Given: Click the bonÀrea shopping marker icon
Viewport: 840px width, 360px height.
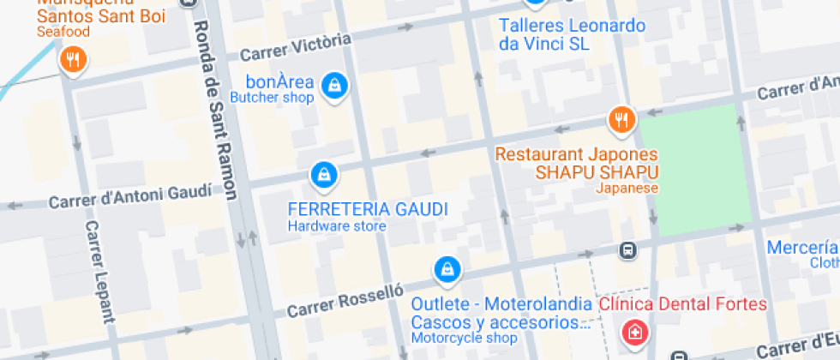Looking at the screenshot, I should (x=334, y=85).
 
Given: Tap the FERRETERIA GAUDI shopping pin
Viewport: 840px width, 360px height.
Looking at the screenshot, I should (x=323, y=174).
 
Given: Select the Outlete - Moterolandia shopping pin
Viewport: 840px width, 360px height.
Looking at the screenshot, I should (x=446, y=270).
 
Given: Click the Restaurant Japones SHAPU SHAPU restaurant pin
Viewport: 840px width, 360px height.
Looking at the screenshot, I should (x=621, y=120).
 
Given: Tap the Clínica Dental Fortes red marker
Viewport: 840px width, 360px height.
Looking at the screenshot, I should (x=635, y=332).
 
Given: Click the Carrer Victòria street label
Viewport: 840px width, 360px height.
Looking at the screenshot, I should (x=296, y=46).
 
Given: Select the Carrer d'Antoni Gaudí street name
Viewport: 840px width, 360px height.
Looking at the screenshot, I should (x=129, y=197).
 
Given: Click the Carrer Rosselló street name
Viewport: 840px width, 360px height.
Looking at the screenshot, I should (x=345, y=299).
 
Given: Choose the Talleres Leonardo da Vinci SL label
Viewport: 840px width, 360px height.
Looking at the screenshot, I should (x=572, y=35).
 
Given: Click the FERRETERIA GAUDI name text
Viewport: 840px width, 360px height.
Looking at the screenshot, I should (x=368, y=210).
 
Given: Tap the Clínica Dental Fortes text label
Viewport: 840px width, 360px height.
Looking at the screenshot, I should (x=682, y=304).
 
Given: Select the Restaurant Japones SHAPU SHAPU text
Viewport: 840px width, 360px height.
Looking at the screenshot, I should (x=577, y=163).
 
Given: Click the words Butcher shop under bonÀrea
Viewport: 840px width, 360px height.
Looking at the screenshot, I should (x=273, y=98).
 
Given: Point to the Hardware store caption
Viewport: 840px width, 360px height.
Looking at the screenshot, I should (x=336, y=226).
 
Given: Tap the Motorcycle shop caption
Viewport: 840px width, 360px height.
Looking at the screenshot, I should (x=464, y=338).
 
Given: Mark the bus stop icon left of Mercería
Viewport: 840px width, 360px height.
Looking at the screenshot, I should (x=627, y=250).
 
